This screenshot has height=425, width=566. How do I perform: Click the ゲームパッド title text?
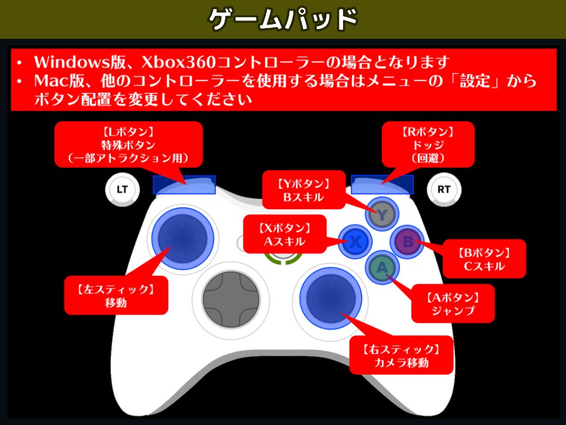[x=283, y=19]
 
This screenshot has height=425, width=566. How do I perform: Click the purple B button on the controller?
[x=408, y=242]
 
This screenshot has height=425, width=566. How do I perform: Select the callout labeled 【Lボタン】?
[x=128, y=145]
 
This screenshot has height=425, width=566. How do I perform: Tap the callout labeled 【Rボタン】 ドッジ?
[x=428, y=145]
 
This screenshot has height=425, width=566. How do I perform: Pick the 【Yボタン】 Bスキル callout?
[x=304, y=191]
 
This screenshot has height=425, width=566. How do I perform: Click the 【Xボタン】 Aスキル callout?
[x=285, y=234]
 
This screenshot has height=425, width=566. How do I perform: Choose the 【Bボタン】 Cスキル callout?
[x=484, y=259]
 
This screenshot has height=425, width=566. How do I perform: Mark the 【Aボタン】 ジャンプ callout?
[x=453, y=304]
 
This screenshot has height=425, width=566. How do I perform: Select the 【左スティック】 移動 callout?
[x=116, y=295]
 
